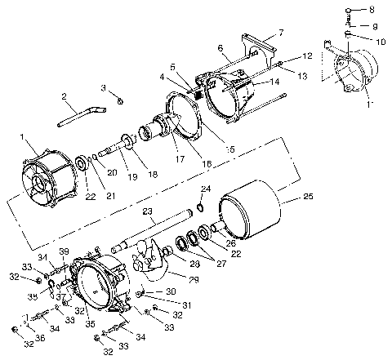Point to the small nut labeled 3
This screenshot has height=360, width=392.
(x=119, y=100)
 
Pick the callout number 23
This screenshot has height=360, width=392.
(x=148, y=211)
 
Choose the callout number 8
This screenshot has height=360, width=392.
(x=373, y=10)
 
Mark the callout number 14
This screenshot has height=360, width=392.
(x=274, y=82)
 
